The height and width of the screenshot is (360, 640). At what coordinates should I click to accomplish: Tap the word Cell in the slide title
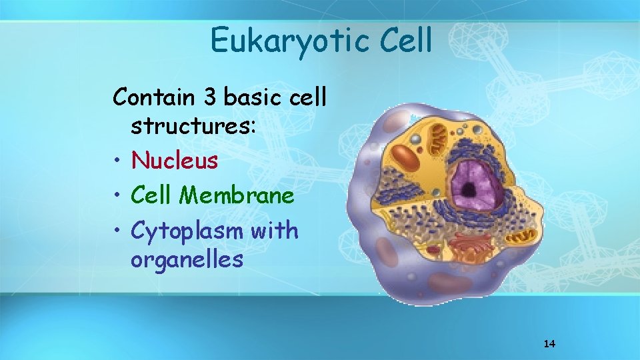tap(407, 40)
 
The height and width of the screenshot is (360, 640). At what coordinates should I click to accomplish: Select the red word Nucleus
tap(174, 160)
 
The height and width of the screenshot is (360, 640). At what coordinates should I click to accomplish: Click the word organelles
tap(187, 259)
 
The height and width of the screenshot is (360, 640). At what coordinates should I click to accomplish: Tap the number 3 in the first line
tap(210, 97)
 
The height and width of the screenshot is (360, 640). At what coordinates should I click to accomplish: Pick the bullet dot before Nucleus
tap(117, 161)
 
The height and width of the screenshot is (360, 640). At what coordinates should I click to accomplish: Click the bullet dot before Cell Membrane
tap(117, 196)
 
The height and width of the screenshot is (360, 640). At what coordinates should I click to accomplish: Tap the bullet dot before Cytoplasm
tap(117, 231)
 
